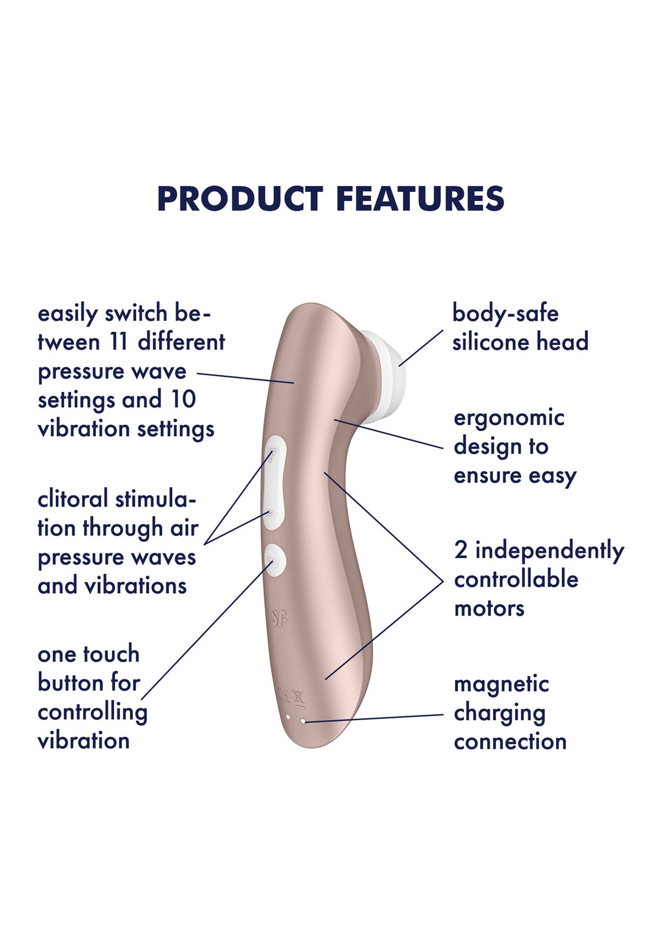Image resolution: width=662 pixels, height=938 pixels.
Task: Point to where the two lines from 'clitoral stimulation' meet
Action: point(204,545)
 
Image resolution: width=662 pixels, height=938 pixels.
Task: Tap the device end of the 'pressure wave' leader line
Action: point(294,383)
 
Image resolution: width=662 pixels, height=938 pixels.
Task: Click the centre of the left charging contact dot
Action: point(287,717)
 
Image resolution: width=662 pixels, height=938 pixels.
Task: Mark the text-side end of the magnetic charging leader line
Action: point(443,715)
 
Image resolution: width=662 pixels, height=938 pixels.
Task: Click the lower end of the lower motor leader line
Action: point(325,679)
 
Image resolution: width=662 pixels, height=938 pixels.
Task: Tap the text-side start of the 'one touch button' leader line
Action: point(142,699)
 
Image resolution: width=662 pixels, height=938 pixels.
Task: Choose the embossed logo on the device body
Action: point(279,617)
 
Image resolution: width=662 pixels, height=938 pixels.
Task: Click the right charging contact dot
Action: point(303,721)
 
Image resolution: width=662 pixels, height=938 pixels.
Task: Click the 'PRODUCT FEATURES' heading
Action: point(331,199)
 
